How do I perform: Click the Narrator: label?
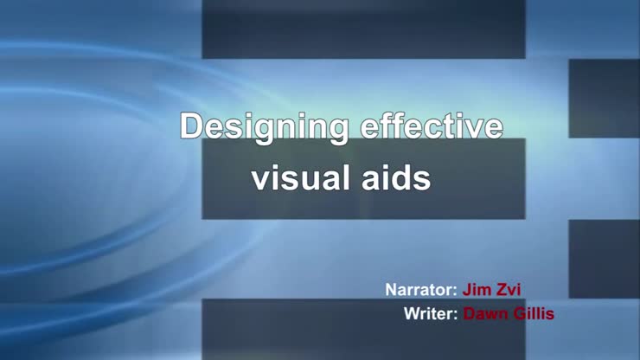pyautogui.click(x=420, y=289)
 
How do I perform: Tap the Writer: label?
pyautogui.click(x=431, y=313)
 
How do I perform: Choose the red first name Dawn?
pyautogui.click(x=487, y=313)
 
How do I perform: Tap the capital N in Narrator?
pyautogui.click(x=391, y=289)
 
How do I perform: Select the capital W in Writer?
pyautogui.click(x=412, y=313)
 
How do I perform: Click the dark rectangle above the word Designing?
pyautogui.click(x=363, y=30)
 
